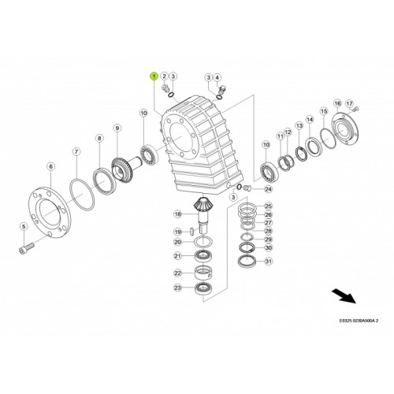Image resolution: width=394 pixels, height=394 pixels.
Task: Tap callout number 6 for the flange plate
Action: point(50,166)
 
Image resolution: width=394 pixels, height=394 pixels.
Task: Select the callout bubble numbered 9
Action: point(117,128)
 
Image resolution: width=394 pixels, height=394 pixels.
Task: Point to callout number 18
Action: point(178,214)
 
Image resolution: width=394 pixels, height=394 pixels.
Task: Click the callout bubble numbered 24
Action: point(268,189)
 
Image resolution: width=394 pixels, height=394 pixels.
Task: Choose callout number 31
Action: point(268,262)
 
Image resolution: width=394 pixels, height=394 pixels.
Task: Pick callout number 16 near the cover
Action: point(337,103)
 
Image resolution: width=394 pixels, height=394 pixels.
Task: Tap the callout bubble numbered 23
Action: point(178,288)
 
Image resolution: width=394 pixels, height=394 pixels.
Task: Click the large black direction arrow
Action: point(344,297)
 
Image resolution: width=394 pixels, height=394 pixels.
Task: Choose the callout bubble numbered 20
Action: point(178,242)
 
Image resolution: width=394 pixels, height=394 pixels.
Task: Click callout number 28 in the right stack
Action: point(268,231)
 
